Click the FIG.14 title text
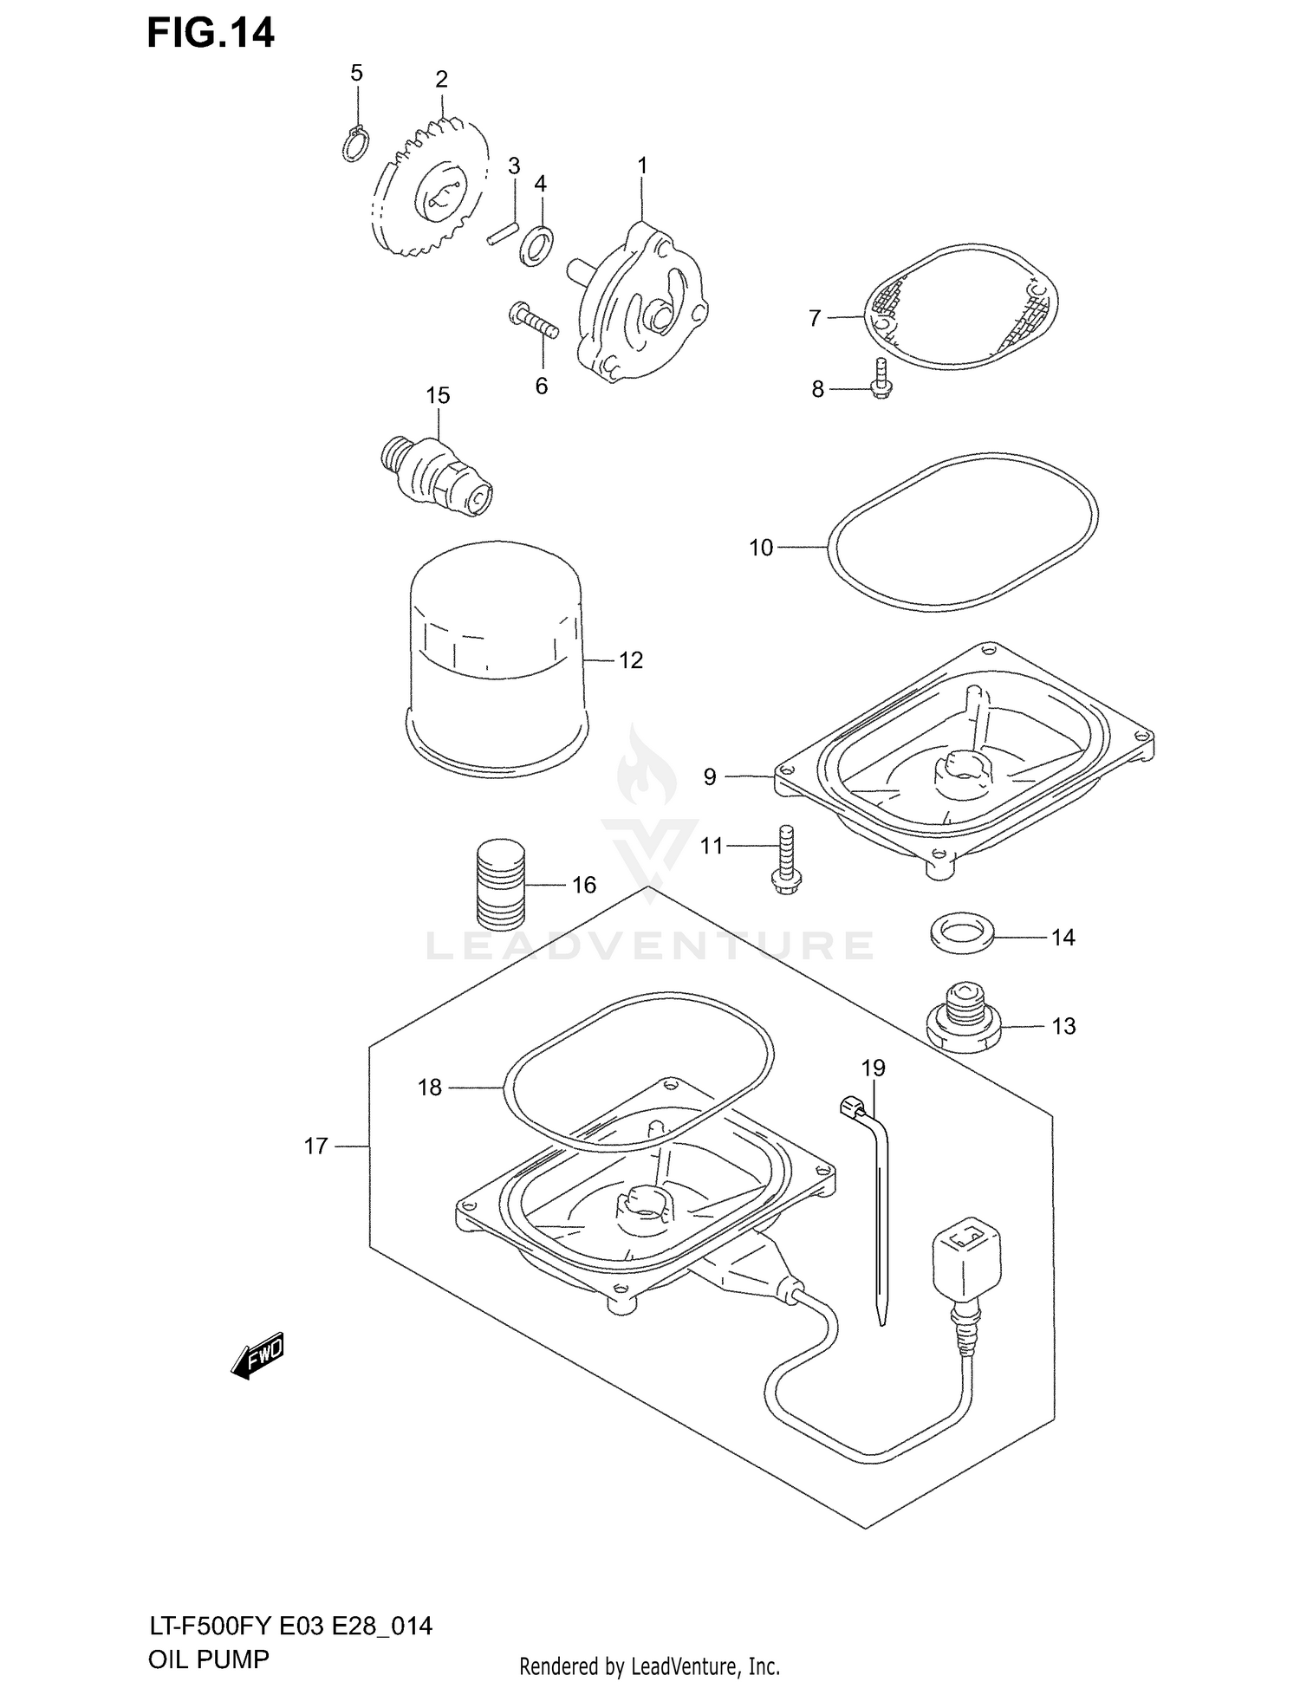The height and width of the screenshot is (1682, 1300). tap(211, 34)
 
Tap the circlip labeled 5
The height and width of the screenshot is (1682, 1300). tap(355, 144)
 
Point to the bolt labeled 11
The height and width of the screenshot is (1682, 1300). tap(785, 859)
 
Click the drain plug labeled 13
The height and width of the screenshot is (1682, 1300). tap(962, 1020)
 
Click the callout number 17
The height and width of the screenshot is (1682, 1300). tap(315, 1146)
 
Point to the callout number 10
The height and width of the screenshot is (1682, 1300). tap(761, 548)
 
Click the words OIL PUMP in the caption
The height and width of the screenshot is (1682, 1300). tap(209, 1659)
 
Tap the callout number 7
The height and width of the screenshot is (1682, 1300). tap(815, 319)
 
